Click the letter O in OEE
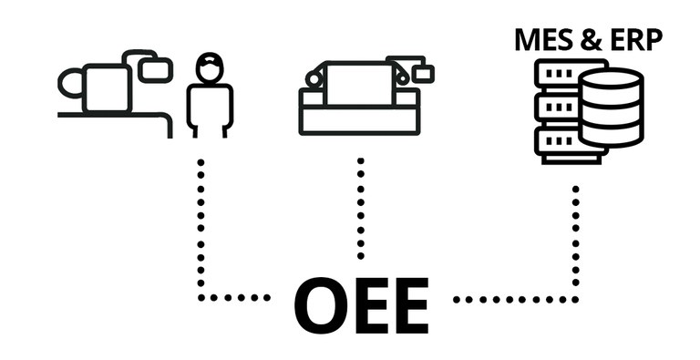point(324,304)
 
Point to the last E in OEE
point(407,304)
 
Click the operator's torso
point(210,105)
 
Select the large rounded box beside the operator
point(106,87)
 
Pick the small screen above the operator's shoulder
point(157,67)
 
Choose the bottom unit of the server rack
point(557,143)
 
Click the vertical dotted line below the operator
point(201,228)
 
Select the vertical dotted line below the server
point(575,242)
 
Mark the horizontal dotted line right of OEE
point(515,298)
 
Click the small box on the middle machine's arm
point(422,72)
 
